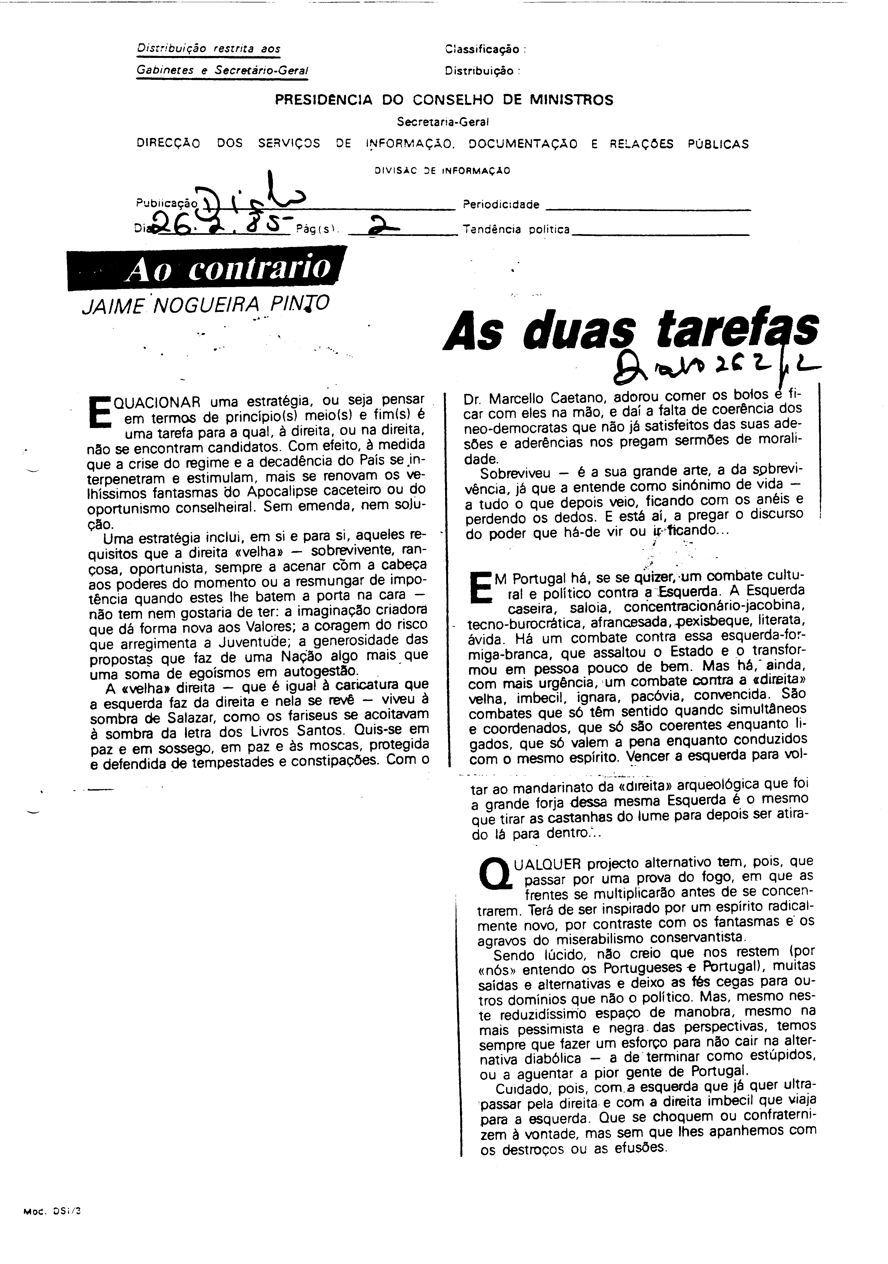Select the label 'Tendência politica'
tap(516, 230)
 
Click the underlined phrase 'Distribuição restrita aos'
tap(208, 49)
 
